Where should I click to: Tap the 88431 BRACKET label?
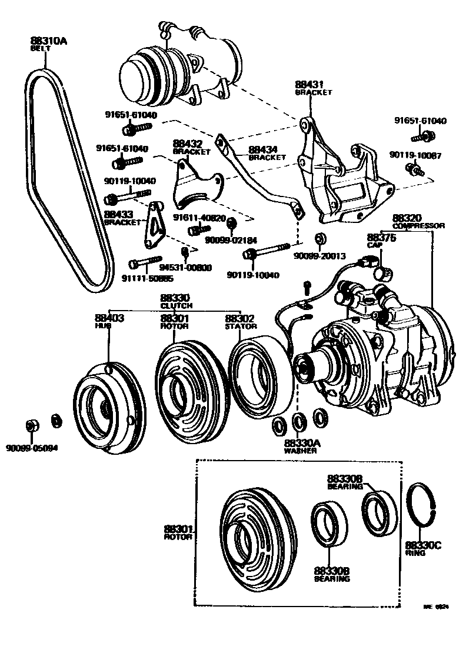pyautogui.click(x=313, y=88)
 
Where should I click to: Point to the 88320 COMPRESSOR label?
pyautogui.click(x=418, y=221)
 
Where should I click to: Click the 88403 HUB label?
pyautogui.click(x=109, y=321)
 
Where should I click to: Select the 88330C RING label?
pyautogui.click(x=422, y=549)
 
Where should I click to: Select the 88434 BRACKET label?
pyautogui.click(x=267, y=153)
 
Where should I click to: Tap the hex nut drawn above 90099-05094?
pyautogui.click(x=33, y=425)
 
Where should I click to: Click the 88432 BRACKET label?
pyautogui.click(x=191, y=147)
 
